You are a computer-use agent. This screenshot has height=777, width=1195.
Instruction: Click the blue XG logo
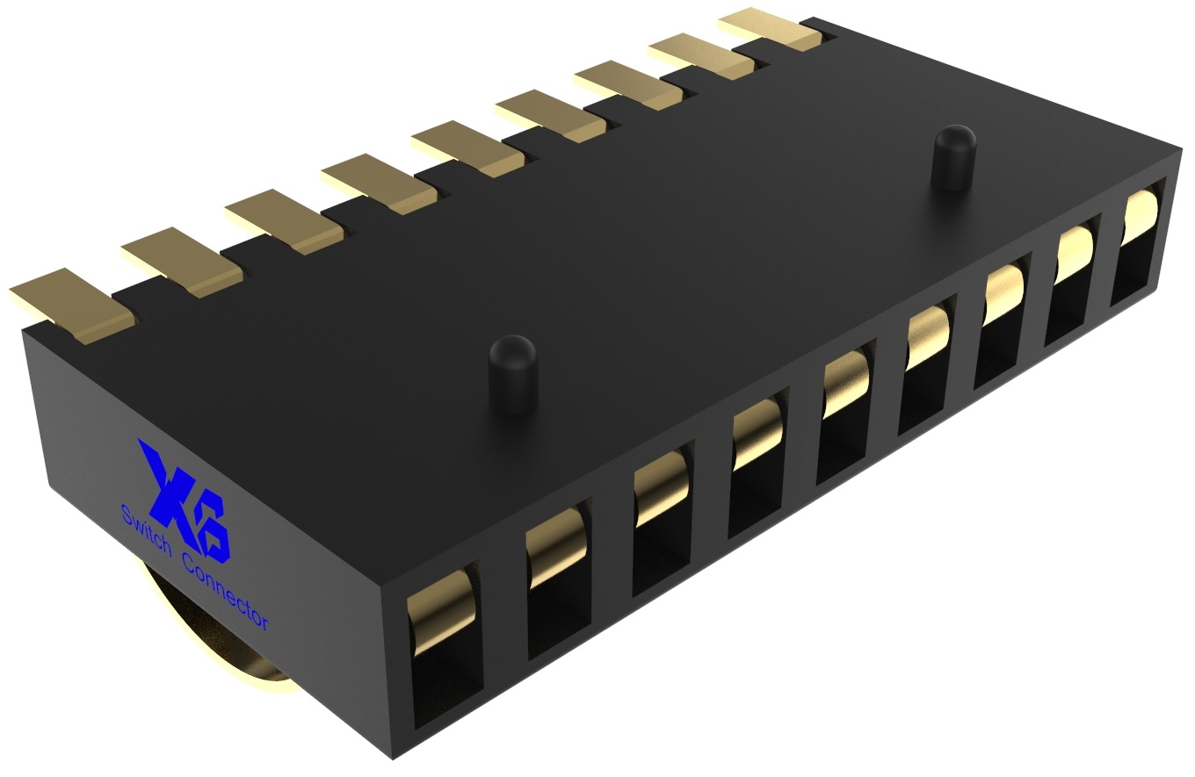[x=180, y=501]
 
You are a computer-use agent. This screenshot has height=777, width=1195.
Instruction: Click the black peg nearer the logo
[x=512, y=372]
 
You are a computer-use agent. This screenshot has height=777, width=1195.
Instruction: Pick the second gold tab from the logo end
[x=181, y=262]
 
